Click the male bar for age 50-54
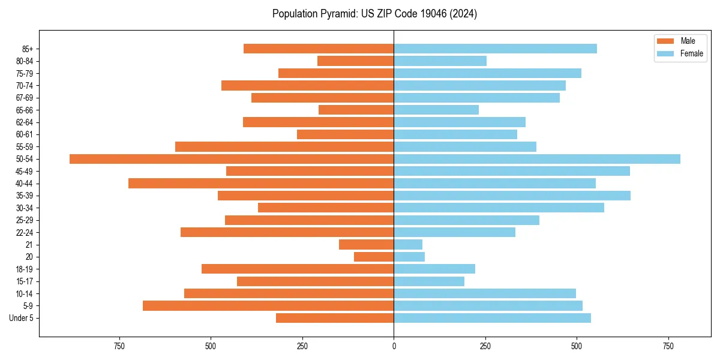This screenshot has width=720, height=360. pos(232,159)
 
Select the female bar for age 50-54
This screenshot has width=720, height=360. pos(537,159)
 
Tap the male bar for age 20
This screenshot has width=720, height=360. pos(374,257)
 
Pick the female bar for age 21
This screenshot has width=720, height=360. pos(408,244)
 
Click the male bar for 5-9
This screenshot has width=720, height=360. pos(268,306)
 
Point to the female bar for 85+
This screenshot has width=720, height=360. pos(495,49)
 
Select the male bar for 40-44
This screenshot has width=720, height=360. pos(261,184)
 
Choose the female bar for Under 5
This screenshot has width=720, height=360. pos(492,318)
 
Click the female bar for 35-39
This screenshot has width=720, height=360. pos(512,196)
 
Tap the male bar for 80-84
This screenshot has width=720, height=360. pos(355,61)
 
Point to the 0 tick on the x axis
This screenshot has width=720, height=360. pos(394,346)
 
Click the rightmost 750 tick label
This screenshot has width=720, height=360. pos(668,346)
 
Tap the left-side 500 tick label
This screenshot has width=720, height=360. pos(211,346)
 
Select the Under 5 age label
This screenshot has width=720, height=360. pos(21,318)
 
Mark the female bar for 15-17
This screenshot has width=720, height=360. pos(429,281)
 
